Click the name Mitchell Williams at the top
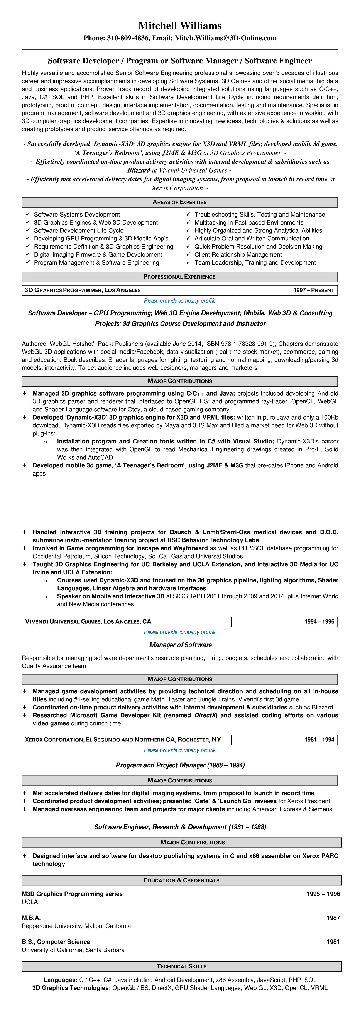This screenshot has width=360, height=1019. [x=180, y=26]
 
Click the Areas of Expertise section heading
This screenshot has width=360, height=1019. [x=180, y=202]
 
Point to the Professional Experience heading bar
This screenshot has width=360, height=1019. [x=180, y=276]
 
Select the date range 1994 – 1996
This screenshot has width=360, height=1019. [x=319, y=621]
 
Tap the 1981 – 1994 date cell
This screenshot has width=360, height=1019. [x=319, y=739]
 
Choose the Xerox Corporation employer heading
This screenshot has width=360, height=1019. [x=123, y=739]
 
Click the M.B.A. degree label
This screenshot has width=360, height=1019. [x=31, y=918]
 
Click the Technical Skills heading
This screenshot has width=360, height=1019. [x=182, y=966]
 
